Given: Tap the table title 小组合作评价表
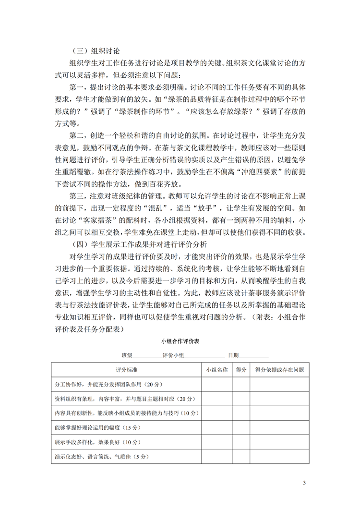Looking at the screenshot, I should tap(180, 340).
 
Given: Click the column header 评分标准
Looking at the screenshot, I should tap(127, 370).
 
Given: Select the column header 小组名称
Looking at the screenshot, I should tap(216, 370).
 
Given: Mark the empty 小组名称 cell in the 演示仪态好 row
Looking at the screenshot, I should tap(216, 457).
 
